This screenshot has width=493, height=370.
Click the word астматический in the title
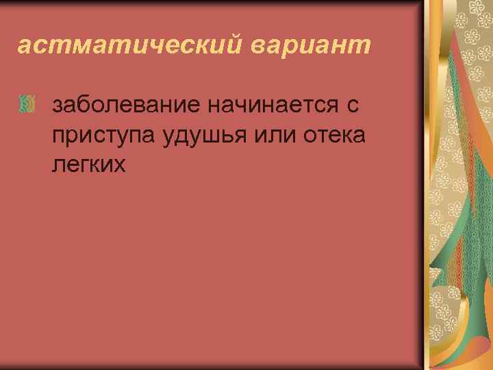click(x=129, y=46)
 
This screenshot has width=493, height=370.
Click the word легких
click(x=88, y=165)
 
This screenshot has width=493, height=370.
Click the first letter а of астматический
click(x=24, y=47)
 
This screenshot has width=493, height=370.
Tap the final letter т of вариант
click(x=364, y=46)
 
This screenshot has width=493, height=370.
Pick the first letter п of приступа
click(x=58, y=136)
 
